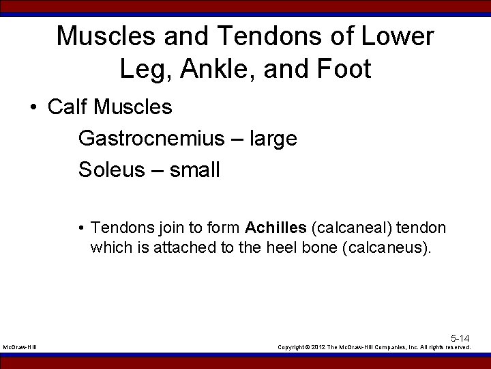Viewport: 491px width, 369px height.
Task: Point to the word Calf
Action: pyautogui.click(x=70, y=107)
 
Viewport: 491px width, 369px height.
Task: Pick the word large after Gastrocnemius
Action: pyautogui.click(x=273, y=139)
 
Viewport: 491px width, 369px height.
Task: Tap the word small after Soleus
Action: pyautogui.click(x=194, y=169)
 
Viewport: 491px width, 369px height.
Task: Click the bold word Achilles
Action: pyautogui.click(x=276, y=227)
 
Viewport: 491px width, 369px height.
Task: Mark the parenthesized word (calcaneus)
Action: pyautogui.click(x=389, y=247)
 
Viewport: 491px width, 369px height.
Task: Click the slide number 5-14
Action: pyautogui.click(x=460, y=338)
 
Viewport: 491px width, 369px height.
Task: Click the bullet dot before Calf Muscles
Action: pyautogui.click(x=33, y=108)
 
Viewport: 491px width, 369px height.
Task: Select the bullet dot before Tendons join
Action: pyautogui.click(x=81, y=228)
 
